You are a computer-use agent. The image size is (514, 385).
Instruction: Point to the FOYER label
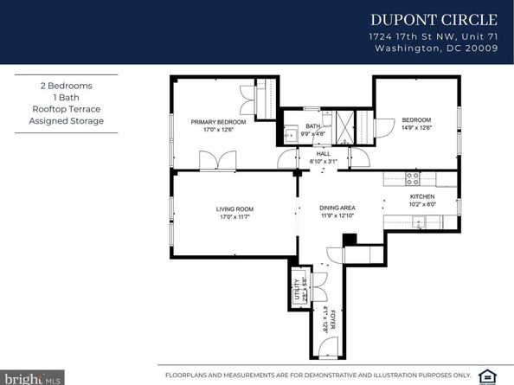coord(331,321)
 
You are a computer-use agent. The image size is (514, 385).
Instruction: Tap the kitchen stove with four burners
coord(414,179)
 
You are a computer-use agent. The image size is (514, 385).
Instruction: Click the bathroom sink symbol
coord(292,134)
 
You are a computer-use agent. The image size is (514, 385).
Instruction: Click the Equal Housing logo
coord(498,374)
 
